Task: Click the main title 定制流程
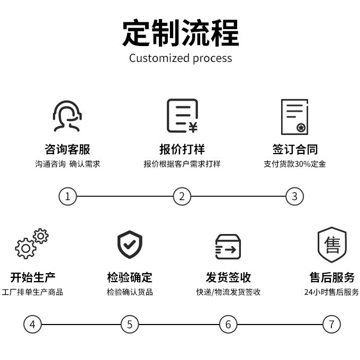181,33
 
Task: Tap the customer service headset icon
68,116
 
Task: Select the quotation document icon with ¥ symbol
182,116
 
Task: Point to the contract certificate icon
294,116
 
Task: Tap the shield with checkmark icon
130,244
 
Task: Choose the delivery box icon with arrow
228,246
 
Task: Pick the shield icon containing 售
332,244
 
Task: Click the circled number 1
68,196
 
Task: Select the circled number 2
182,196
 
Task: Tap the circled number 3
295,196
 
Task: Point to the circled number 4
32,324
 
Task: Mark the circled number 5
130,324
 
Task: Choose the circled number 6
228,324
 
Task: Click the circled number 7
331,324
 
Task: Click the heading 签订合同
295,149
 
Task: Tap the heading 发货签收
228,277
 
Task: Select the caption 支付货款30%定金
295,164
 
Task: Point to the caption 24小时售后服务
331,292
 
